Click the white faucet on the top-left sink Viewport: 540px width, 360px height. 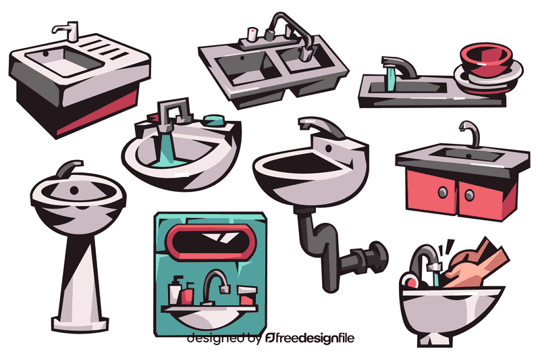pos(68,31)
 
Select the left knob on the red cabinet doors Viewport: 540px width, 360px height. pos(442,192)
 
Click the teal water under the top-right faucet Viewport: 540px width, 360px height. pos(389,77)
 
